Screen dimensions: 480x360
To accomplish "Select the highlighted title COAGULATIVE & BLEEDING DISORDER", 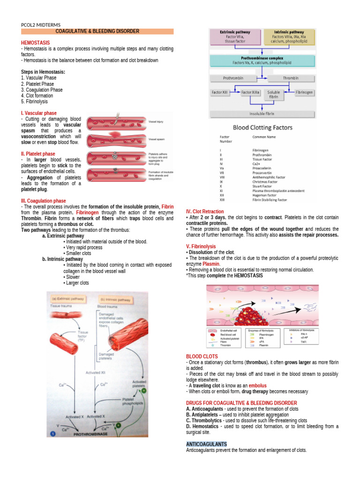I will pos(97,31).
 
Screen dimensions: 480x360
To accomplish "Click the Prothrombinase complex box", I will pos(262,60).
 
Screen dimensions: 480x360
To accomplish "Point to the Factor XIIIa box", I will pos(250,92).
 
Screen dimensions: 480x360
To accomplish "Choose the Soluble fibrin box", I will pos(274,95).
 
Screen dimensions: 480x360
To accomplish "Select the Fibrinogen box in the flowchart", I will pos(305,92).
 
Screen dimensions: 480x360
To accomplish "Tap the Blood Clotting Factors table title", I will pos(262,127).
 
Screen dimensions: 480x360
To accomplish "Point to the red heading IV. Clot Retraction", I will pos(205,211).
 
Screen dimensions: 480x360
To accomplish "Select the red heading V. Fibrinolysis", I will pos(201,246).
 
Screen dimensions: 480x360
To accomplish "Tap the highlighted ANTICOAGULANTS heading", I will pos(206,443).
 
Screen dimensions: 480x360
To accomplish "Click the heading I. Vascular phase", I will pos(39,113).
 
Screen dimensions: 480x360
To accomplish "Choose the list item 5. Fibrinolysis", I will pos(34,101).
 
